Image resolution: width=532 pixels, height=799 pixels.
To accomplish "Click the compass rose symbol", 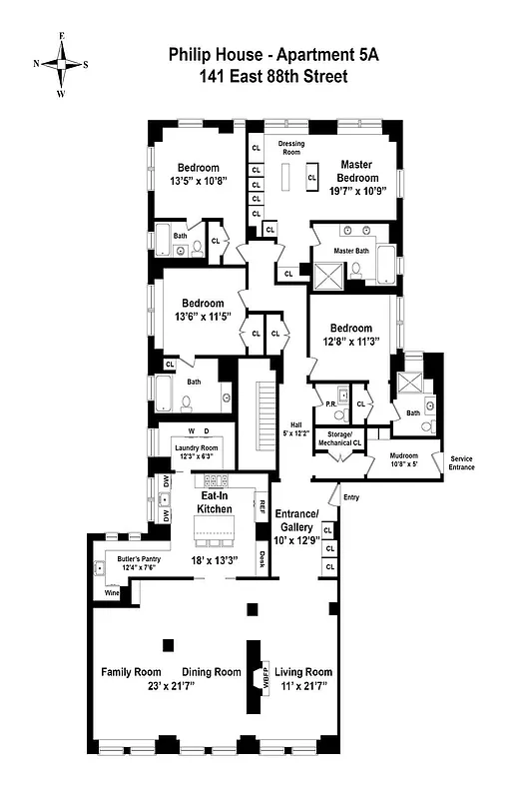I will click(x=62, y=63).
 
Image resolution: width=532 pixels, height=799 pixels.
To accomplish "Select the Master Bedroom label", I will click(x=356, y=171).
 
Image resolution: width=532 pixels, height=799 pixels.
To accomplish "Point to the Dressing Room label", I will click(x=291, y=149).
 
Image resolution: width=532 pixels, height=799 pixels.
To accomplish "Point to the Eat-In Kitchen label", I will click(x=218, y=501).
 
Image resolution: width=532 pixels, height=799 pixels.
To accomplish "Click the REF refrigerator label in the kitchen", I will click(x=264, y=505).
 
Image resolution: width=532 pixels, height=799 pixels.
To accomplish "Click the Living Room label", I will click(x=303, y=672).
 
